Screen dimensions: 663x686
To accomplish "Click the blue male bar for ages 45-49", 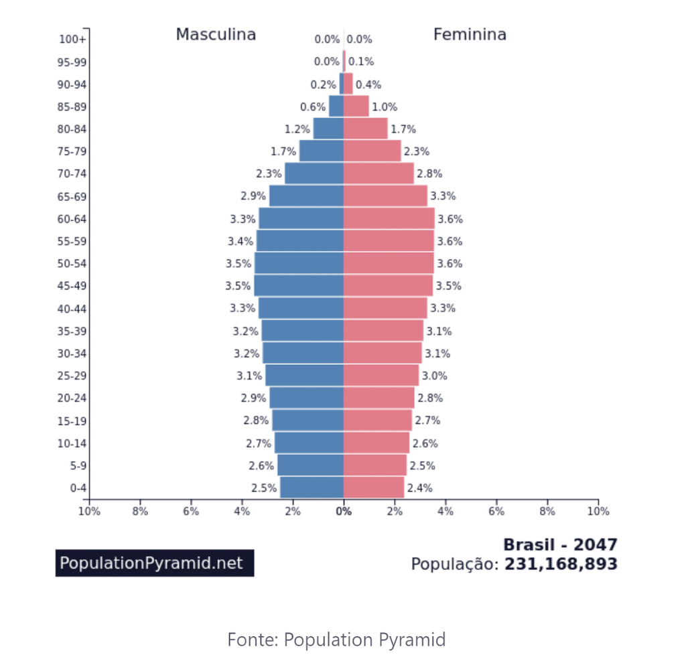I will pyautogui.click(x=299, y=285).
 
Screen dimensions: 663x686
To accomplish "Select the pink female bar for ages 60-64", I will pyautogui.click(x=389, y=218).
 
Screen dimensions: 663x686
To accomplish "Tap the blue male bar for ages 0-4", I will pyautogui.click(x=312, y=488).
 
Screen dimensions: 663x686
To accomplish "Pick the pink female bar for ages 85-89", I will pyautogui.click(x=356, y=106).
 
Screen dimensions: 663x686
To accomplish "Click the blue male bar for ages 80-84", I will pyautogui.click(x=328, y=129).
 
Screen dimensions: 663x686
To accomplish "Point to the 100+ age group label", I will pyautogui.click(x=73, y=40).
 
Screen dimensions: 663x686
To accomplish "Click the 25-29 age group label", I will pyautogui.click(x=72, y=376).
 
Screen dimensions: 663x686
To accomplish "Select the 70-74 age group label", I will pyautogui.click(x=72, y=174).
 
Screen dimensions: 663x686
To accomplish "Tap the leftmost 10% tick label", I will pyautogui.click(x=89, y=512).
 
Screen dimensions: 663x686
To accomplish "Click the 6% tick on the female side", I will pyautogui.click(x=496, y=512).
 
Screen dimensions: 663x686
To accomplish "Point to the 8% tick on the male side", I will pyautogui.click(x=140, y=512).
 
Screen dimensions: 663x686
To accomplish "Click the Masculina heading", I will pyautogui.click(x=216, y=35).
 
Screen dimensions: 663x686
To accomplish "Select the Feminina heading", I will pyautogui.click(x=470, y=35).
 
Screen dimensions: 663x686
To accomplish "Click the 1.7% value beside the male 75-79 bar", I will pyautogui.click(x=283, y=151).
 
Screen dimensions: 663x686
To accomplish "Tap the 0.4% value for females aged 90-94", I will pyautogui.click(x=368, y=84).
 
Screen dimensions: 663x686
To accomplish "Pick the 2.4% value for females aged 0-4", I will pyautogui.click(x=419, y=488).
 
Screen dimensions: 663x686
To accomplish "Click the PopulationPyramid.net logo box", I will pyautogui.click(x=155, y=563).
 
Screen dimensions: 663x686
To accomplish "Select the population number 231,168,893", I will pyautogui.click(x=561, y=564).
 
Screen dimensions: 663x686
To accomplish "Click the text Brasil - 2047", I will pyautogui.click(x=560, y=544).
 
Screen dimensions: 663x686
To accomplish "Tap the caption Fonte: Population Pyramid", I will pyautogui.click(x=336, y=640).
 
